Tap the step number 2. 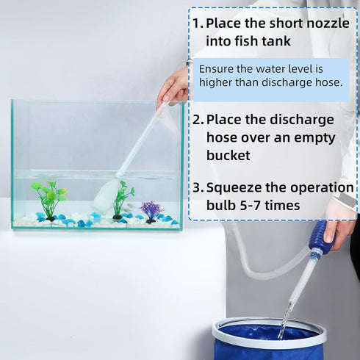(x=198, y=119)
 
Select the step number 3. (x=198, y=187)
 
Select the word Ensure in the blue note (x=217, y=68)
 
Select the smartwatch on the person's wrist (x=345, y=200)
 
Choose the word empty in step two (x=311, y=137)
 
